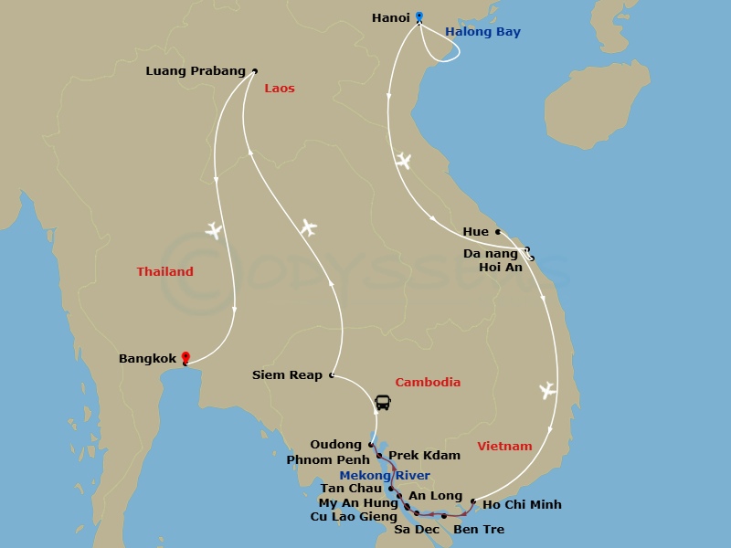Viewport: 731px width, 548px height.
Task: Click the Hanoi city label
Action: coord(390,17)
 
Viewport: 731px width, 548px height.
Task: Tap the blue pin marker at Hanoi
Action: coord(419,16)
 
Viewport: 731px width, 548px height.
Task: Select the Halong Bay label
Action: coord(482,32)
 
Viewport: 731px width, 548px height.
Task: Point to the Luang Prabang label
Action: coord(196,71)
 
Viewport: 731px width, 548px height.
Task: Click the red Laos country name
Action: coord(280,89)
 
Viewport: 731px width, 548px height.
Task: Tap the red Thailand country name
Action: coord(165,271)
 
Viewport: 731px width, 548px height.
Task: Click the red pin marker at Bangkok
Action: coord(185,358)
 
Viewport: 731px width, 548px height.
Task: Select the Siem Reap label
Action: coord(287,375)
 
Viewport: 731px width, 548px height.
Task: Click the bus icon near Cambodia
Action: coord(383,402)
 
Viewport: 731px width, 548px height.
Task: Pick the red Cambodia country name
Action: coord(428,383)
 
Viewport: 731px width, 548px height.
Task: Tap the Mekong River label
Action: coord(385,476)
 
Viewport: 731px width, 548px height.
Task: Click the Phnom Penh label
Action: coord(328,460)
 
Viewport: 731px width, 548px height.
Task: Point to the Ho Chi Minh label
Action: coord(522,504)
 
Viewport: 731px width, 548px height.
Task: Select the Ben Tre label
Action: coord(478,530)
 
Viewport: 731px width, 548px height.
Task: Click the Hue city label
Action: coord(476,232)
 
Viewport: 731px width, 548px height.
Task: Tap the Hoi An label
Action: coord(501,268)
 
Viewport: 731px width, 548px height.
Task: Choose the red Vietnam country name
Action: coord(504,447)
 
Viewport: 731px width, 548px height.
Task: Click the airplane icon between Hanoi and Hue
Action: coord(403,162)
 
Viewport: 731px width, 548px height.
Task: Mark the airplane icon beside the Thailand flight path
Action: coord(214,230)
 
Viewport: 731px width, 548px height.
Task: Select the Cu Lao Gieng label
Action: coord(354,517)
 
